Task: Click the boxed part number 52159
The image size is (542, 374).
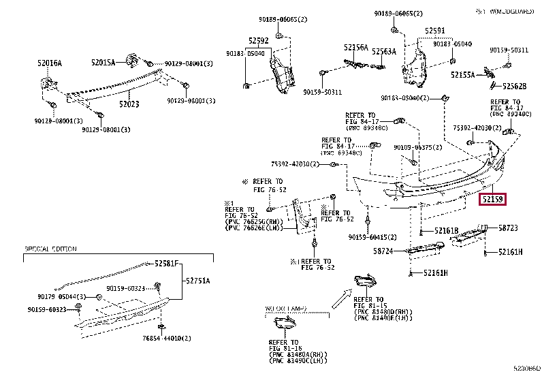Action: click(493, 200)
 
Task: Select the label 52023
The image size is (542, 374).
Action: click(129, 104)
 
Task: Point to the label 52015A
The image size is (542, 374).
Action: click(103, 62)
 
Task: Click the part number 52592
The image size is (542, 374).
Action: click(257, 40)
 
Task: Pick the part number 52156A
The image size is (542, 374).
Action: click(355, 48)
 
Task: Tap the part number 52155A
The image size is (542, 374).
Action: click(462, 75)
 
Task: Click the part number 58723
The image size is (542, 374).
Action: click(509, 228)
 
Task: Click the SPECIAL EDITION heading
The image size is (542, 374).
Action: click(50, 249)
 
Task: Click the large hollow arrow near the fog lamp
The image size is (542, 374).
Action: click(340, 298)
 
